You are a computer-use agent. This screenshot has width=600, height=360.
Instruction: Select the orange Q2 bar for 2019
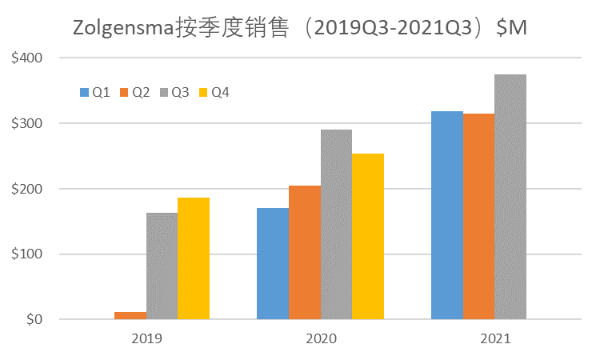[x=130, y=316]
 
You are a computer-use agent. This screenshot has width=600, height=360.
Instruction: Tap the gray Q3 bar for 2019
[x=162, y=266]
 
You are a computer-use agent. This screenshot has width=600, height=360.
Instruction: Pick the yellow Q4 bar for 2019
[x=194, y=258]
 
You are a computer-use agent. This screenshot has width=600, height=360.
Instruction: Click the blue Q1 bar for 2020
[x=273, y=263]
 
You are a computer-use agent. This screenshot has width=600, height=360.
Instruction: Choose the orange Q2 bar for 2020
[x=305, y=252]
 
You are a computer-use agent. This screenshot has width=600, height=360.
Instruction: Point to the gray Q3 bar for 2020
[x=336, y=224]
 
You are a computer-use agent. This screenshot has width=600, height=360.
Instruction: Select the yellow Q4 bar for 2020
[x=368, y=236]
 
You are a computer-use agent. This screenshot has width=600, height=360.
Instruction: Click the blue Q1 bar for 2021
[x=447, y=215]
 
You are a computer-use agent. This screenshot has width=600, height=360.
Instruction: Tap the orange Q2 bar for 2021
[x=478, y=216]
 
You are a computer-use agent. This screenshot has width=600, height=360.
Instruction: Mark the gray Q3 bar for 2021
[x=510, y=197]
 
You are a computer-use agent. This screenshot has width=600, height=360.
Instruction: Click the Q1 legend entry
[x=94, y=93]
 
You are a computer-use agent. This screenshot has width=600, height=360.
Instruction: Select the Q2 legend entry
[x=134, y=93]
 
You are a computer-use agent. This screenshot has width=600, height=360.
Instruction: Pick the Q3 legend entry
[x=174, y=93]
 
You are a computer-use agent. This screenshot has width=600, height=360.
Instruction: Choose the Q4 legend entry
[x=214, y=93]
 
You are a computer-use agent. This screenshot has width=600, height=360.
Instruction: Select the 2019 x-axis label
[x=146, y=339]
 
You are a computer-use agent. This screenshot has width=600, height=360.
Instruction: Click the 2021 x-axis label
[x=495, y=339]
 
